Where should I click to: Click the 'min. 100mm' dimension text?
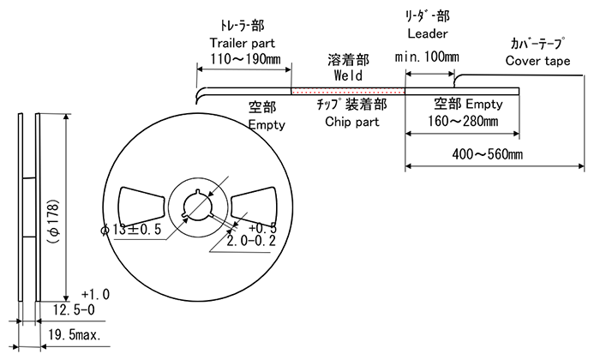427,57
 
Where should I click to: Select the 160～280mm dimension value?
462,121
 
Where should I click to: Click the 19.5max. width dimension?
75,335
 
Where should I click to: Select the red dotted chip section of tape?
348,90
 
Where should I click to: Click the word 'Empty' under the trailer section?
266,125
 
